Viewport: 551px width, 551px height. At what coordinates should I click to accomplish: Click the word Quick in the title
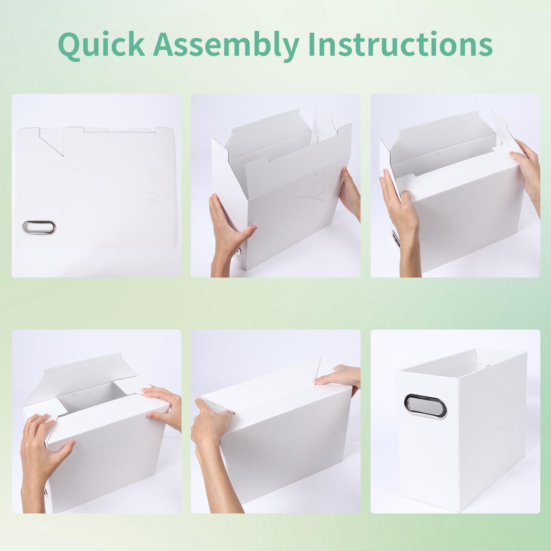pos(102,44)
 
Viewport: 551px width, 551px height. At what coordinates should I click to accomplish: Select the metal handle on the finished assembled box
pos(425,407)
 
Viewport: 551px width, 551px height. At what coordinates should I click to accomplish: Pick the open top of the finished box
pos(461,362)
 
